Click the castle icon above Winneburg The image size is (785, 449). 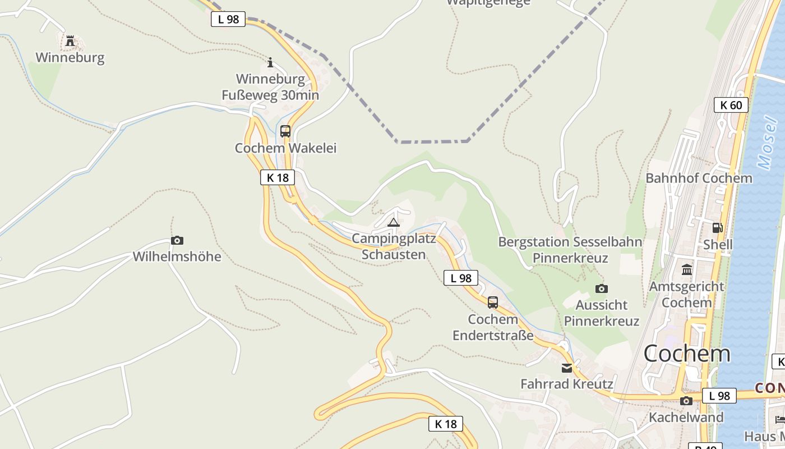[70, 41]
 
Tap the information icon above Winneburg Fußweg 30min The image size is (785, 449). [270, 62]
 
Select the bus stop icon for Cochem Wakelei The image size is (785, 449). [285, 131]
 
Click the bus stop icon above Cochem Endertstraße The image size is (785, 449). [493, 303]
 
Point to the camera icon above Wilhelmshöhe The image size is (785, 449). [177, 241]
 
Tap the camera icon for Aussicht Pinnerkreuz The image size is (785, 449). [602, 288]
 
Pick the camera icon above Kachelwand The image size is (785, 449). [686, 401]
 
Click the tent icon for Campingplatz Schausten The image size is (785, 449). [394, 222]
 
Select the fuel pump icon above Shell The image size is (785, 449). [718, 228]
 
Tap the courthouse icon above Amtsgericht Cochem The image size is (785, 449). [687, 270]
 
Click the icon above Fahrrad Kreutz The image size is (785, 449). [567, 368]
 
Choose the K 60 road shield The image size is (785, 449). [731, 105]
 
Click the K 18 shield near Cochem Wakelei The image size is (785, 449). [278, 178]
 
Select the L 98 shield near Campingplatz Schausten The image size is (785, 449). [461, 278]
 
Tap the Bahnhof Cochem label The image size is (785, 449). [699, 178]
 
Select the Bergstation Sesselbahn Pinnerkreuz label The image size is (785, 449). [570, 250]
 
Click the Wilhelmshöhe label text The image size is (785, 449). [177, 257]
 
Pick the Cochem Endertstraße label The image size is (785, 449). [493, 327]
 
